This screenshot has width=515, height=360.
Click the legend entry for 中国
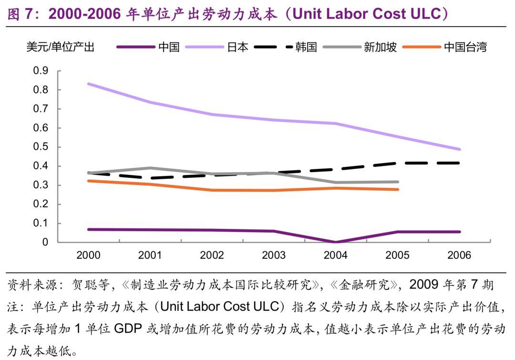pyautogui.click(x=169, y=47)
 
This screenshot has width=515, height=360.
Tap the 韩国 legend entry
pyautogui.click(x=306, y=47)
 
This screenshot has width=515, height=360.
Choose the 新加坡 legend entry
pyautogui.click(x=380, y=47)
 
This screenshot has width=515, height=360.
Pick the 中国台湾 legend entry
pyautogui.click(x=465, y=47)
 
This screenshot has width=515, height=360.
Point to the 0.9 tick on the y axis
pyautogui.click(x=41, y=71)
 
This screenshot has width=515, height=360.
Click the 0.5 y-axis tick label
pyautogui.click(x=41, y=147)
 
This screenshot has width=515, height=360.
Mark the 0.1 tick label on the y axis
pyautogui.click(x=41, y=223)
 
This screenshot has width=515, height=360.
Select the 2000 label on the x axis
pyautogui.click(x=88, y=255)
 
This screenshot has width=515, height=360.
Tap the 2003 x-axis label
pyautogui.click(x=274, y=255)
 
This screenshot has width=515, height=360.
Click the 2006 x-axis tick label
pyautogui.click(x=459, y=255)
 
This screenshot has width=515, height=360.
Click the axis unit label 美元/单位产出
pyautogui.click(x=61, y=47)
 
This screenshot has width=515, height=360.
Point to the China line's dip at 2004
pyautogui.click(x=336, y=242)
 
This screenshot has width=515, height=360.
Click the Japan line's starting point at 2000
pyautogui.click(x=89, y=84)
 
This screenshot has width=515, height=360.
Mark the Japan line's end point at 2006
pyautogui.click(x=459, y=149)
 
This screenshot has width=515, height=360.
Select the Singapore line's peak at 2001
pyautogui.click(x=150, y=168)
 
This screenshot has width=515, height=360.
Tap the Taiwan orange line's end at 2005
pyautogui.click(x=397, y=189)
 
